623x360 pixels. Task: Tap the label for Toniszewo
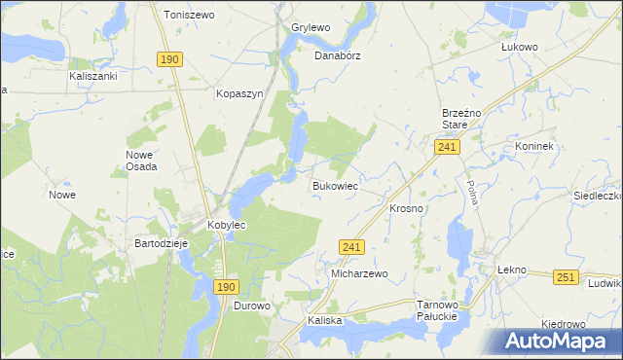coord(189,16)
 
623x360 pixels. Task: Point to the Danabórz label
coord(337,55)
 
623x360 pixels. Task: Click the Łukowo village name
coord(519,46)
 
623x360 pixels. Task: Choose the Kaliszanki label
coord(93,75)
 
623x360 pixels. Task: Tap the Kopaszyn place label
coord(239,94)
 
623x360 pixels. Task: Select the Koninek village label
coord(534,147)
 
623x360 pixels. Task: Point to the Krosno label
coord(406,209)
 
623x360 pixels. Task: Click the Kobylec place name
coord(227,225)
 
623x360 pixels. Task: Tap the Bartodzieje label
coord(161,243)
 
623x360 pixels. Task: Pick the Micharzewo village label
coord(359,274)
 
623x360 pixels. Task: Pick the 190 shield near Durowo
coord(225,287)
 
